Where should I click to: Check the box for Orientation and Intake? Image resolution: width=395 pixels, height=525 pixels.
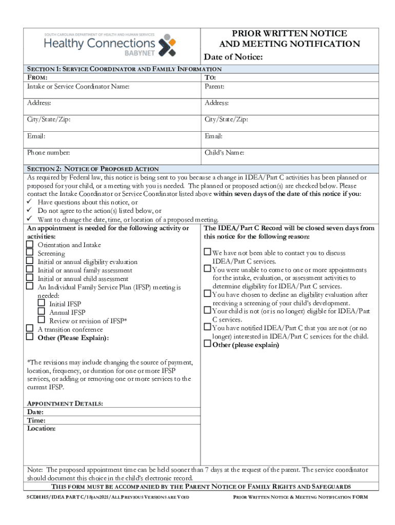tap(30, 245)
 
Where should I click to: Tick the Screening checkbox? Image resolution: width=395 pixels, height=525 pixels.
tap(30, 253)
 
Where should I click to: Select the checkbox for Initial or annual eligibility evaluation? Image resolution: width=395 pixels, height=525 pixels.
tap(30, 261)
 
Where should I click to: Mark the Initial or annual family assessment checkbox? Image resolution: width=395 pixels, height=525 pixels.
tap(30, 270)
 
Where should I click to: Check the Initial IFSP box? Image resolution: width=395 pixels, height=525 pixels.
tap(41, 304)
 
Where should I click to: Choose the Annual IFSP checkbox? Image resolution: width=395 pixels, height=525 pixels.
tap(41, 312)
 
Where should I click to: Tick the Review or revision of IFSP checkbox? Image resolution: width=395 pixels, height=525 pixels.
tap(41, 320)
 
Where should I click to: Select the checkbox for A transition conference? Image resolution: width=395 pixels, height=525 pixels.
tap(30, 329)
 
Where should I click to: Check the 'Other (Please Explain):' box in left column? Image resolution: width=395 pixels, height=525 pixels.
tap(30, 337)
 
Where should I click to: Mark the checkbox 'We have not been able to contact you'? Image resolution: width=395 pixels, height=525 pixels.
tap(207, 252)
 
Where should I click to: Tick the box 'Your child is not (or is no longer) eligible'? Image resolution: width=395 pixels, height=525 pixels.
tap(207, 310)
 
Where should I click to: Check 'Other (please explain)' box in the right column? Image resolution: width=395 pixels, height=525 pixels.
tap(207, 345)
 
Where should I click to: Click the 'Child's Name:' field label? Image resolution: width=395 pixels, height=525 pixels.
tap(224, 153)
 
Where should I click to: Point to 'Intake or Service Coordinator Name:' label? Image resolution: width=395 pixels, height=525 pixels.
tap(78, 86)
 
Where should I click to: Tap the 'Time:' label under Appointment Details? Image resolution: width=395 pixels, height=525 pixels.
tap(36, 420)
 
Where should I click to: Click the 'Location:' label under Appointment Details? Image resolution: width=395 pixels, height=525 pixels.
tap(41, 428)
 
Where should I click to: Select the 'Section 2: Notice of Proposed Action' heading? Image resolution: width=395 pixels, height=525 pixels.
tap(93, 169)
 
